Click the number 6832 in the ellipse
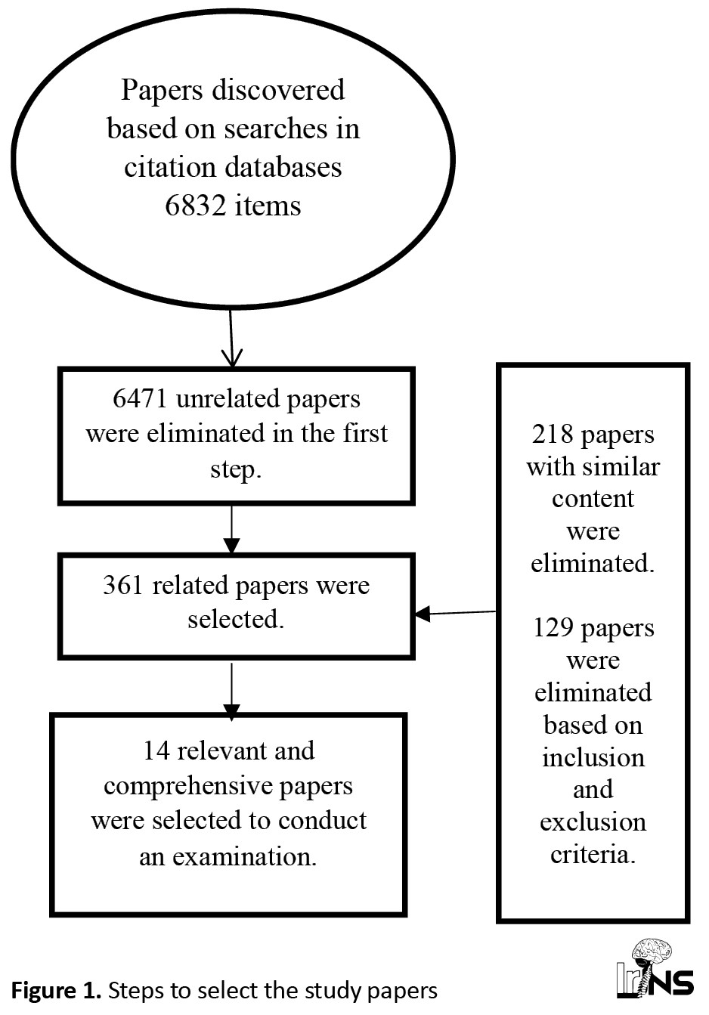pos(195,206)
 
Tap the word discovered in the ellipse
pos(278,90)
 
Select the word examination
pos(244,857)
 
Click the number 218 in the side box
pos(553,434)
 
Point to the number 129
pos(553,628)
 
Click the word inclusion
pos(593,757)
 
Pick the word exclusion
pos(593,822)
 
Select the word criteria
pos(593,855)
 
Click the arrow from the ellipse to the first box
pos(231,338)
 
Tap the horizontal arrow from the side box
pos(456,613)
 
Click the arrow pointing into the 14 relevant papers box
pos(231,692)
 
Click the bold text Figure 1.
pos(56,991)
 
